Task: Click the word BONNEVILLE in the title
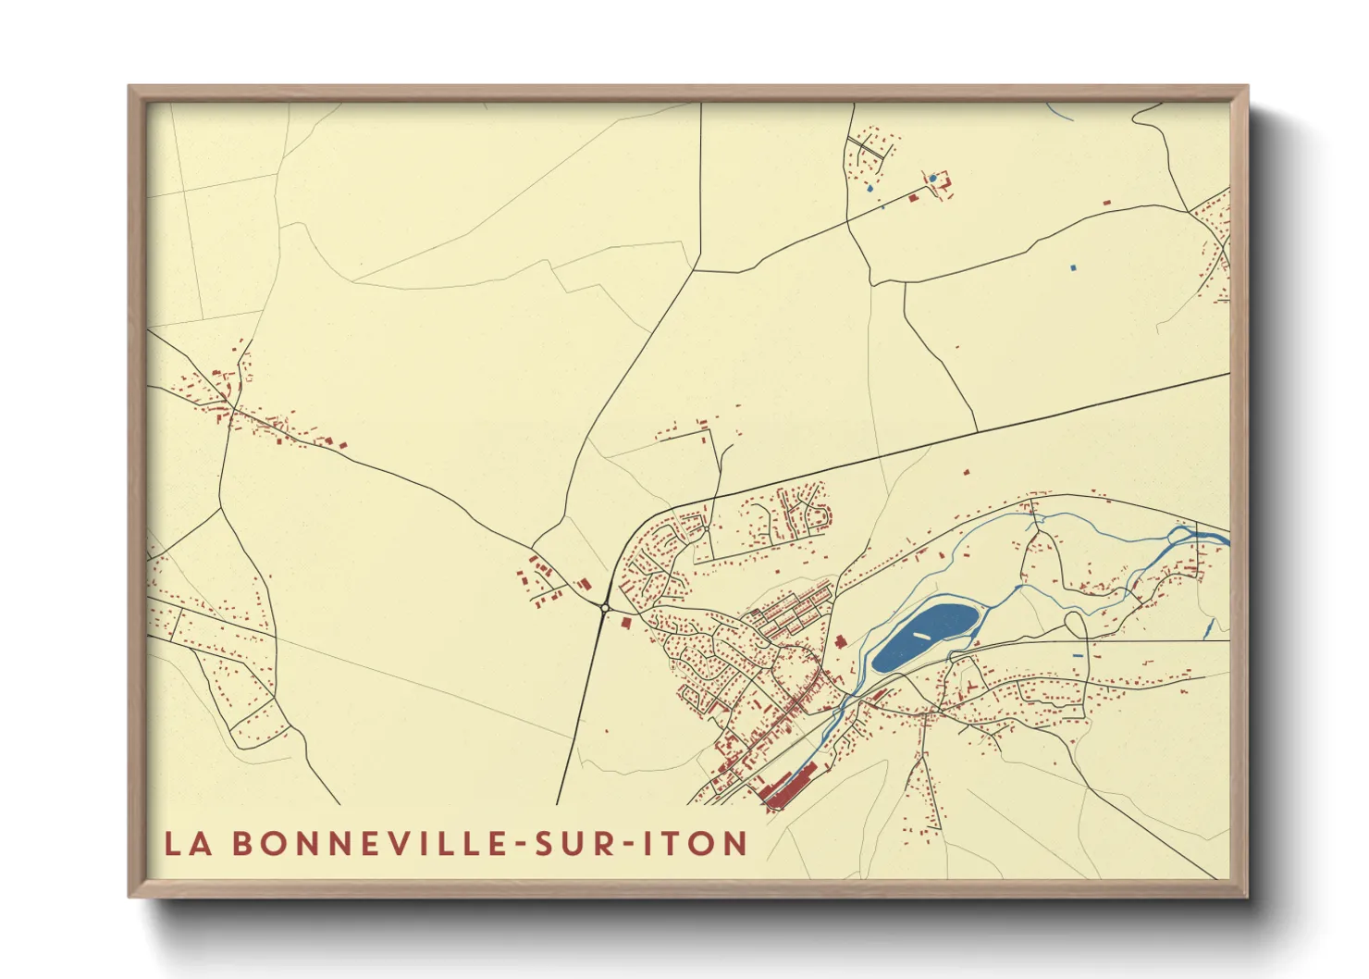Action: tap(367, 844)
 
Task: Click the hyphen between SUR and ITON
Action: tap(630, 845)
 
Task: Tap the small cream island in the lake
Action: tap(921, 636)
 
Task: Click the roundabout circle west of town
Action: tap(604, 608)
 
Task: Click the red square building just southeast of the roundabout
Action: tap(626, 623)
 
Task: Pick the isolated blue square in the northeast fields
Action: tap(1073, 267)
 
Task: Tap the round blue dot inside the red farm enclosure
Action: tap(933, 178)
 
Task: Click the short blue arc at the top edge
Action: tap(1059, 112)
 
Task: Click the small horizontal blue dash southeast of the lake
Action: tap(1077, 655)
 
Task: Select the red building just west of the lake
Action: tap(840, 640)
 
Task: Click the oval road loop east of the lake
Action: tap(1076, 626)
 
